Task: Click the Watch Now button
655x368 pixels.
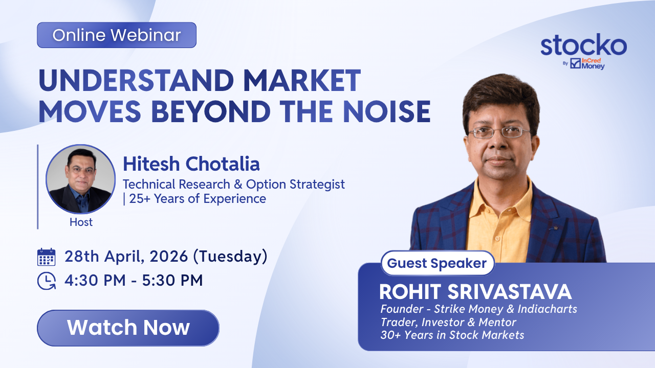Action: pyautogui.click(x=128, y=328)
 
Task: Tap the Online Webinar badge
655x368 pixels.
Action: pyautogui.click(x=117, y=35)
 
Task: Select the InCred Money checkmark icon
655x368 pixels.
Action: pyautogui.click(x=575, y=63)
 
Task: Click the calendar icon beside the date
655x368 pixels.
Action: pyautogui.click(x=46, y=257)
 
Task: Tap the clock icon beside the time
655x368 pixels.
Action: pyautogui.click(x=47, y=281)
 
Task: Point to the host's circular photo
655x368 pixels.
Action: pyautogui.click(x=81, y=179)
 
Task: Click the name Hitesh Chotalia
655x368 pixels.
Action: pyautogui.click(x=191, y=164)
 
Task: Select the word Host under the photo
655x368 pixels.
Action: pyautogui.click(x=81, y=222)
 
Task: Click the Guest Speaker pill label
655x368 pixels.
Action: pyautogui.click(x=437, y=263)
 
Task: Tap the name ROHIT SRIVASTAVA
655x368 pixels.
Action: pyautogui.click(x=475, y=292)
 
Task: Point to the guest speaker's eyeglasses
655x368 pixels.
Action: pyautogui.click(x=500, y=132)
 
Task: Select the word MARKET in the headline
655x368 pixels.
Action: pyautogui.click(x=302, y=80)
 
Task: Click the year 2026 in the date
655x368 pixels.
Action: pyautogui.click(x=168, y=257)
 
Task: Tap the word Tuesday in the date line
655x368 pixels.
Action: pyautogui.click(x=230, y=257)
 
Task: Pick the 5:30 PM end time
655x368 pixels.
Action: pyautogui.click(x=172, y=281)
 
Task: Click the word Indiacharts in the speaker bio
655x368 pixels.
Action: pyautogui.click(x=547, y=309)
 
